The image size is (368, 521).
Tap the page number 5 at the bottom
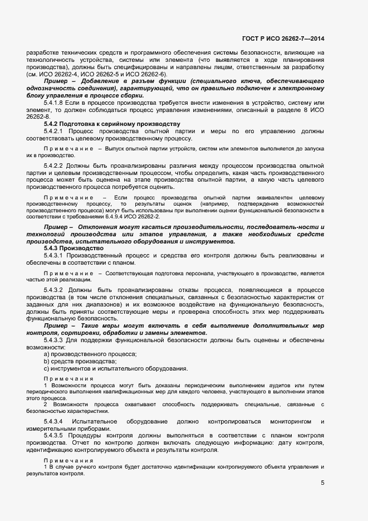[x=322, y=483]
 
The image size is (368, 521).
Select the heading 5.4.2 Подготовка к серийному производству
[x=112, y=124]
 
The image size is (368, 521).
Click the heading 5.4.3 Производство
[x=73, y=249]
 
